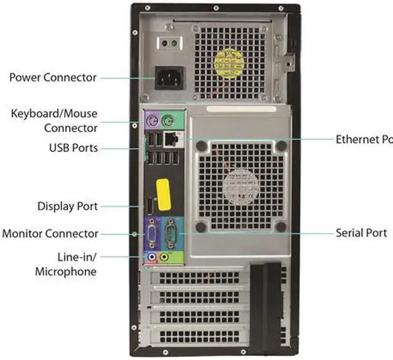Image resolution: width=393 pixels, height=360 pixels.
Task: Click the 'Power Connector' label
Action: click(x=53, y=78)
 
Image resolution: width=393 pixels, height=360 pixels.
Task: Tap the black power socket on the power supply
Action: click(x=169, y=78)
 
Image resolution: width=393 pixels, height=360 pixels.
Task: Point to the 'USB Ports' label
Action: click(x=73, y=148)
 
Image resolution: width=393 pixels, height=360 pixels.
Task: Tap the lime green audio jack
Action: click(x=164, y=257)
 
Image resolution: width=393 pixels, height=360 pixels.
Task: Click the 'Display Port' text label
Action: click(x=68, y=206)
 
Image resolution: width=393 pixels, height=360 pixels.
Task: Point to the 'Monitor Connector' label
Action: click(x=50, y=234)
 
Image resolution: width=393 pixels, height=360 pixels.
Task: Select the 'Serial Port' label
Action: click(x=361, y=233)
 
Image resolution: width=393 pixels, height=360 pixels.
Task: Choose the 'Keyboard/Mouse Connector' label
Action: click(x=55, y=121)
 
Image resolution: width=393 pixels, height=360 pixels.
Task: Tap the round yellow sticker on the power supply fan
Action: click(x=228, y=61)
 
